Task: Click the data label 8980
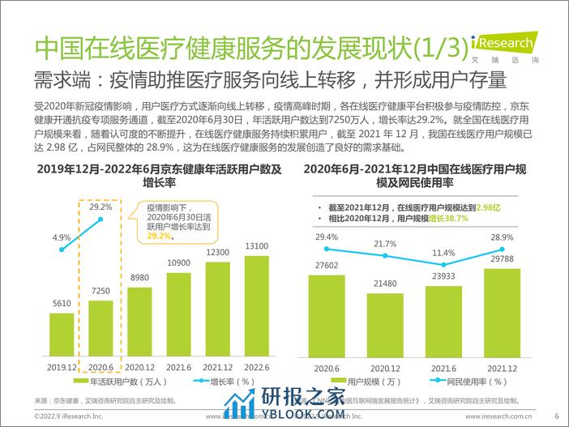(139, 278)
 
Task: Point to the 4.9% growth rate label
(60, 237)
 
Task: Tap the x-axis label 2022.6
(257, 366)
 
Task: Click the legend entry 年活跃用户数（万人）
(126, 380)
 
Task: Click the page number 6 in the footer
(557, 416)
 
